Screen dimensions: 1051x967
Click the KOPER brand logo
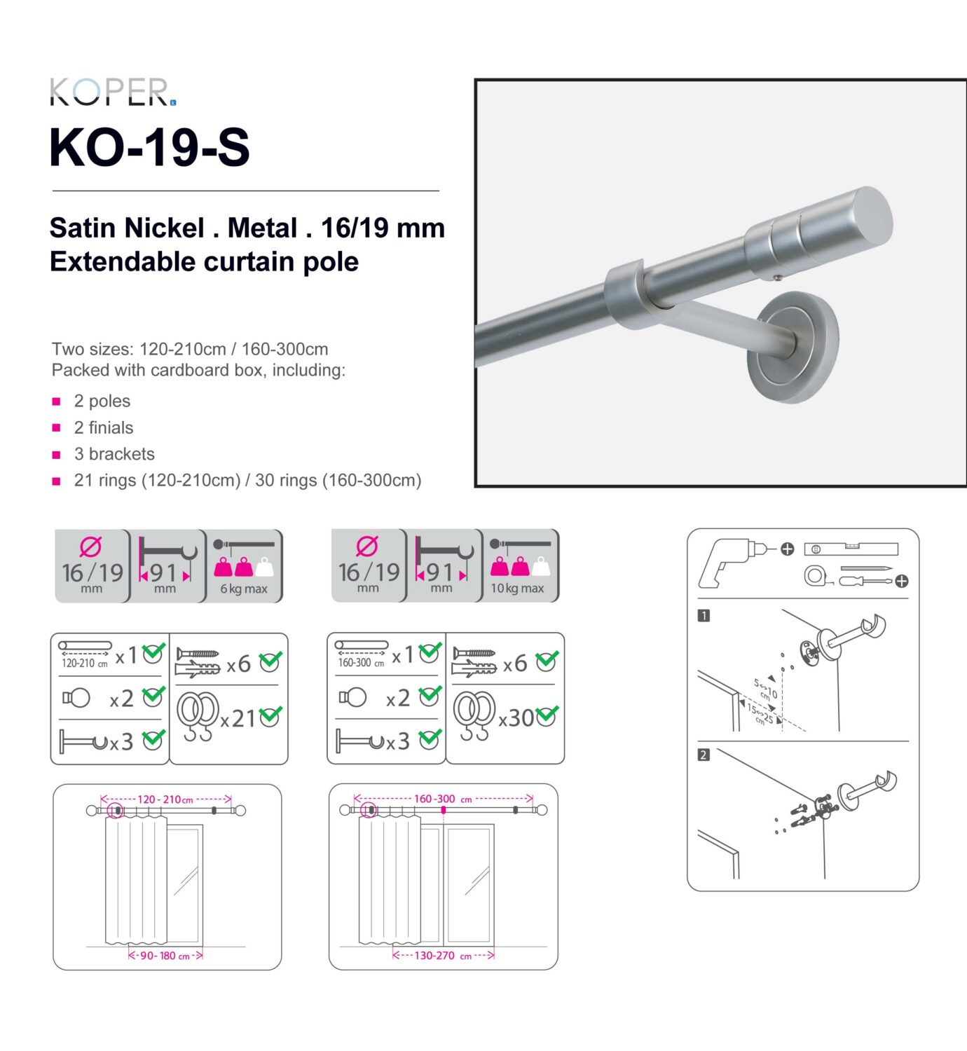point(112,92)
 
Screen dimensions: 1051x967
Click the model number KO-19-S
point(149,147)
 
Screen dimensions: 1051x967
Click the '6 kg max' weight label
point(244,589)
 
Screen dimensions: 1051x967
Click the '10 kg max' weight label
point(517,589)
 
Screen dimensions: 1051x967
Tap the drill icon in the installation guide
point(729,561)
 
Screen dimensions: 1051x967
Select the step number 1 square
point(704,616)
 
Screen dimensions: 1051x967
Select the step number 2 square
point(704,755)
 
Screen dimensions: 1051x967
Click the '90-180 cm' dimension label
point(165,956)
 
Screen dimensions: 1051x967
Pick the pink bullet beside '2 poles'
point(57,401)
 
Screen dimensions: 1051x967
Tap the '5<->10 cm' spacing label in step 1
point(766,689)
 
